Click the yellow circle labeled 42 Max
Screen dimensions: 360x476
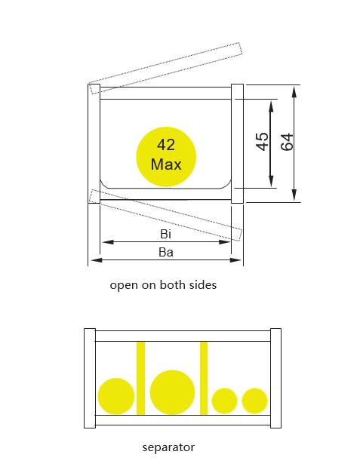tap(166, 157)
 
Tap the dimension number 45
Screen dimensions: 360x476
tap(262, 142)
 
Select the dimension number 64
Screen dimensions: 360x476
tap(287, 142)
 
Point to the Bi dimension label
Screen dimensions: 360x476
tap(165, 234)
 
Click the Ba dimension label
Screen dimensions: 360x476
tap(166, 252)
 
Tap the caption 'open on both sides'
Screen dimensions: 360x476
tap(163, 285)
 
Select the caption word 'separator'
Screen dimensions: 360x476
tap(168, 447)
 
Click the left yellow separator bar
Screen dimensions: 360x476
tap(140, 378)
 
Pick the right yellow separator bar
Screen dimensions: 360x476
tap(204, 378)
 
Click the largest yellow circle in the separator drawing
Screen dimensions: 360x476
tap(172, 392)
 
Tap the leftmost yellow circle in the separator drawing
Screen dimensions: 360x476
tap(116, 396)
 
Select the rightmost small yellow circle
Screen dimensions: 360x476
tap(254, 401)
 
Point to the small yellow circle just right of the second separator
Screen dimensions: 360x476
tap(224, 401)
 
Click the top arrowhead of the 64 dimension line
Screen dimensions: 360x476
tap(294, 91)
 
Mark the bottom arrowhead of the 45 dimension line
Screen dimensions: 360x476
tap(271, 182)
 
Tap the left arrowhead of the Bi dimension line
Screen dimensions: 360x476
tap(108, 242)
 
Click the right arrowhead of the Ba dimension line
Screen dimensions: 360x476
tap(235, 260)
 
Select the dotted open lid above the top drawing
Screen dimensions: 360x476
tap(165, 69)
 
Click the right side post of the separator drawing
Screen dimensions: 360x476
tap(275, 378)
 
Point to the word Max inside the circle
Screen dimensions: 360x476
tap(166, 164)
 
